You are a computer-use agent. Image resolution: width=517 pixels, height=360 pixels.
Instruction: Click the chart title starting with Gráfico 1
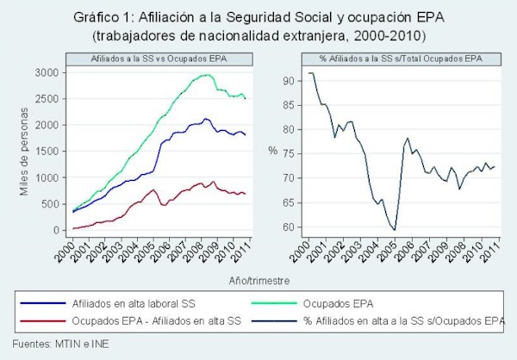pos(258,16)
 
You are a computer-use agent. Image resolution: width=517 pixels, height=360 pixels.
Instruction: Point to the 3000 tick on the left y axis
pos(47,72)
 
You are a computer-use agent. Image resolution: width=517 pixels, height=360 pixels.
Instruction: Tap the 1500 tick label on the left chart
pos(47,152)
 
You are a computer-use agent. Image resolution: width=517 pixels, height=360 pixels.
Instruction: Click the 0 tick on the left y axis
pos(56,231)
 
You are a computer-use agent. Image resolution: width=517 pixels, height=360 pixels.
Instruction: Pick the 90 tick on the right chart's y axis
pos(290,81)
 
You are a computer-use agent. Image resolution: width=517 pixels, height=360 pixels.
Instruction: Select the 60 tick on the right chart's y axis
pos(290,227)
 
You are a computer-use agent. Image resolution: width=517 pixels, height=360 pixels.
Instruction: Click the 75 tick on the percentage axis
pos(290,154)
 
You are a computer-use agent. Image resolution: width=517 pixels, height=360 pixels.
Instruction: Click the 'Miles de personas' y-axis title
pos(23,152)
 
